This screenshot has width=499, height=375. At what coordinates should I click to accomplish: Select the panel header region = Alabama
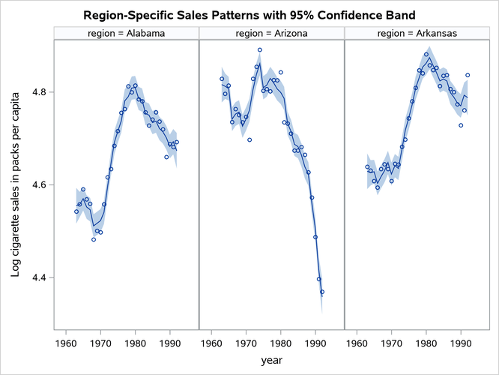(126, 33)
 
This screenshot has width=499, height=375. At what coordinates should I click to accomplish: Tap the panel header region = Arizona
(270, 33)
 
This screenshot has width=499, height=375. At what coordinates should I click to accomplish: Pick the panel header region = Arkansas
(416, 33)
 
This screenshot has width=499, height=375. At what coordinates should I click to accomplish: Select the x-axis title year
(271, 361)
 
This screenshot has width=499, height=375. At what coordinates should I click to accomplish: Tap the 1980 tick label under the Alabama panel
(135, 343)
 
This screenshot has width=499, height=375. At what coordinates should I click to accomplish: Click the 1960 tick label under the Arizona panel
(211, 343)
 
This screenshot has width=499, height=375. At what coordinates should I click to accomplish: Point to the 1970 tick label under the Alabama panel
(100, 343)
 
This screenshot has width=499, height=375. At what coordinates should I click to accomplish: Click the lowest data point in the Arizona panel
(322, 292)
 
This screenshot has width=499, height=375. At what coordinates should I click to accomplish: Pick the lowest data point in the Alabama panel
(94, 239)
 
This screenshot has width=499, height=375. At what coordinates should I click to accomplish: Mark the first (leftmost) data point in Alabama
(76, 211)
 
